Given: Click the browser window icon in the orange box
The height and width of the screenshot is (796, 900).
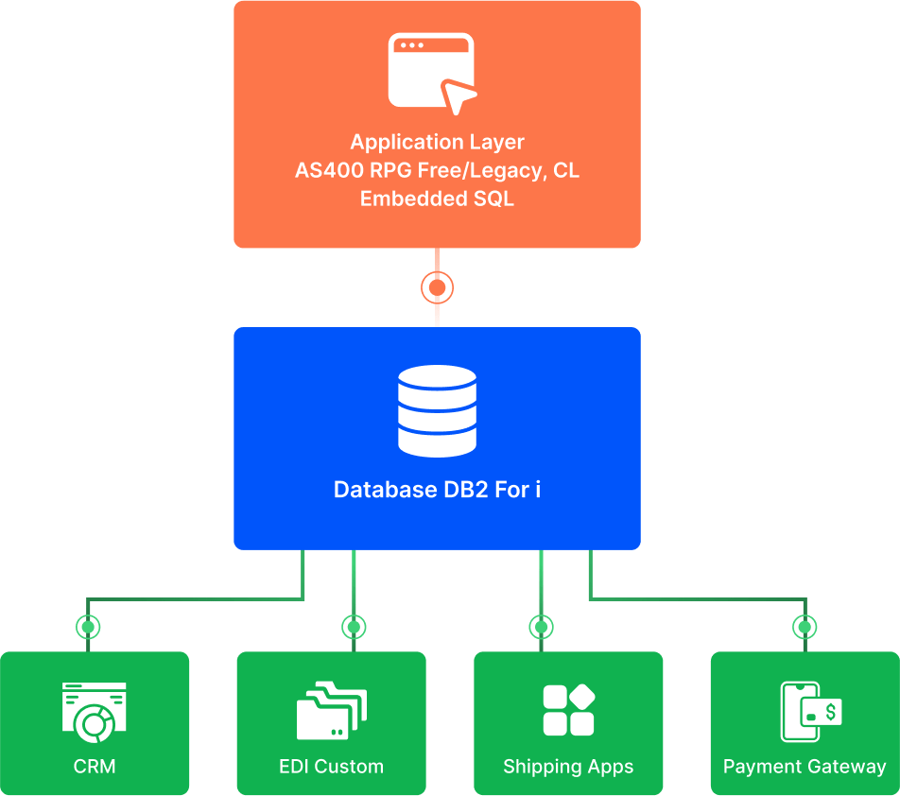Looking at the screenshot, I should pos(430,68).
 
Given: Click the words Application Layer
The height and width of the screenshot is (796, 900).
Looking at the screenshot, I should pos(437,142).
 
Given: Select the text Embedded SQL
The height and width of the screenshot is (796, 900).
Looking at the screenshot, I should pos(437,199).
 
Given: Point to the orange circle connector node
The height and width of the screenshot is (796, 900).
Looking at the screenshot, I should pos(437,286).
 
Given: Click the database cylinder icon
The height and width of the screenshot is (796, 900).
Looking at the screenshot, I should pos(437,410).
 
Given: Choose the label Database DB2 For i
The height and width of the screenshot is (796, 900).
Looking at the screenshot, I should pos(437,491).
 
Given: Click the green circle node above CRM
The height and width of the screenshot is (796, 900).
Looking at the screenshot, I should pos(88,626).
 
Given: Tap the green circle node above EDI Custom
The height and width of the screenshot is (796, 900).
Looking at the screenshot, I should pos(354,626).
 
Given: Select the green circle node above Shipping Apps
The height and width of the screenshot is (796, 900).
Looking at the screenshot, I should pos(541,626).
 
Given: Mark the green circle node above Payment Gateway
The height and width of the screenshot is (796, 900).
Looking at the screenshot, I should pos(805,626).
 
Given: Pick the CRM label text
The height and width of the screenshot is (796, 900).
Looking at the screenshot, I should pos(95,767).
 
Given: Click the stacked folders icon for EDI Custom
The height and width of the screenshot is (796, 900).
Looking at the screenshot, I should pos(331,711).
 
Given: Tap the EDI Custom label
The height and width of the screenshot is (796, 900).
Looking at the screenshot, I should pos(331,767).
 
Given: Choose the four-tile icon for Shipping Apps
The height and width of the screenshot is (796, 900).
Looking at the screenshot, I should pos(568,710).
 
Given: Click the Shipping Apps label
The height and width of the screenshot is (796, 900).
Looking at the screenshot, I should pos(568,767).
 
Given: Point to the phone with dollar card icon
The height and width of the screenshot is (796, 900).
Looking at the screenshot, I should pos(809,711).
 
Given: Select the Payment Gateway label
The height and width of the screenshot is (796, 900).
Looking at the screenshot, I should pos(805,767).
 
